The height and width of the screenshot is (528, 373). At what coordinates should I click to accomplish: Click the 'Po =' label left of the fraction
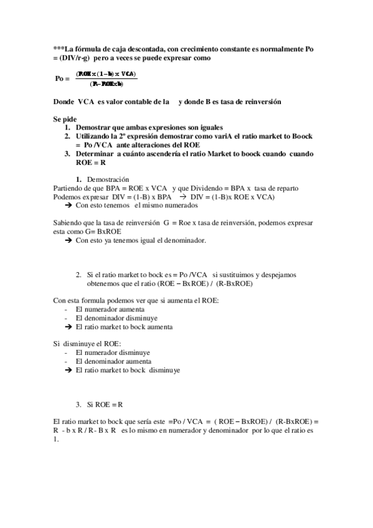pyautogui.click(x=62, y=78)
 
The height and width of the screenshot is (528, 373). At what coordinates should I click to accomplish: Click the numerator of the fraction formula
pyautogui.click(x=106, y=74)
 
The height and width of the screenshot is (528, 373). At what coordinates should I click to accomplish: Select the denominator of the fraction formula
pyautogui.click(x=106, y=83)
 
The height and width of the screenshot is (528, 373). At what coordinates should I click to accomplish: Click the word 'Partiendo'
pyautogui.click(x=68, y=189)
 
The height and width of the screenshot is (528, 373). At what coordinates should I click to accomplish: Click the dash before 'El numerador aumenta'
pyautogui.click(x=66, y=309)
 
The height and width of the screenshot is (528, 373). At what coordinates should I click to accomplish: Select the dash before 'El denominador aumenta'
pyautogui.click(x=66, y=361)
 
